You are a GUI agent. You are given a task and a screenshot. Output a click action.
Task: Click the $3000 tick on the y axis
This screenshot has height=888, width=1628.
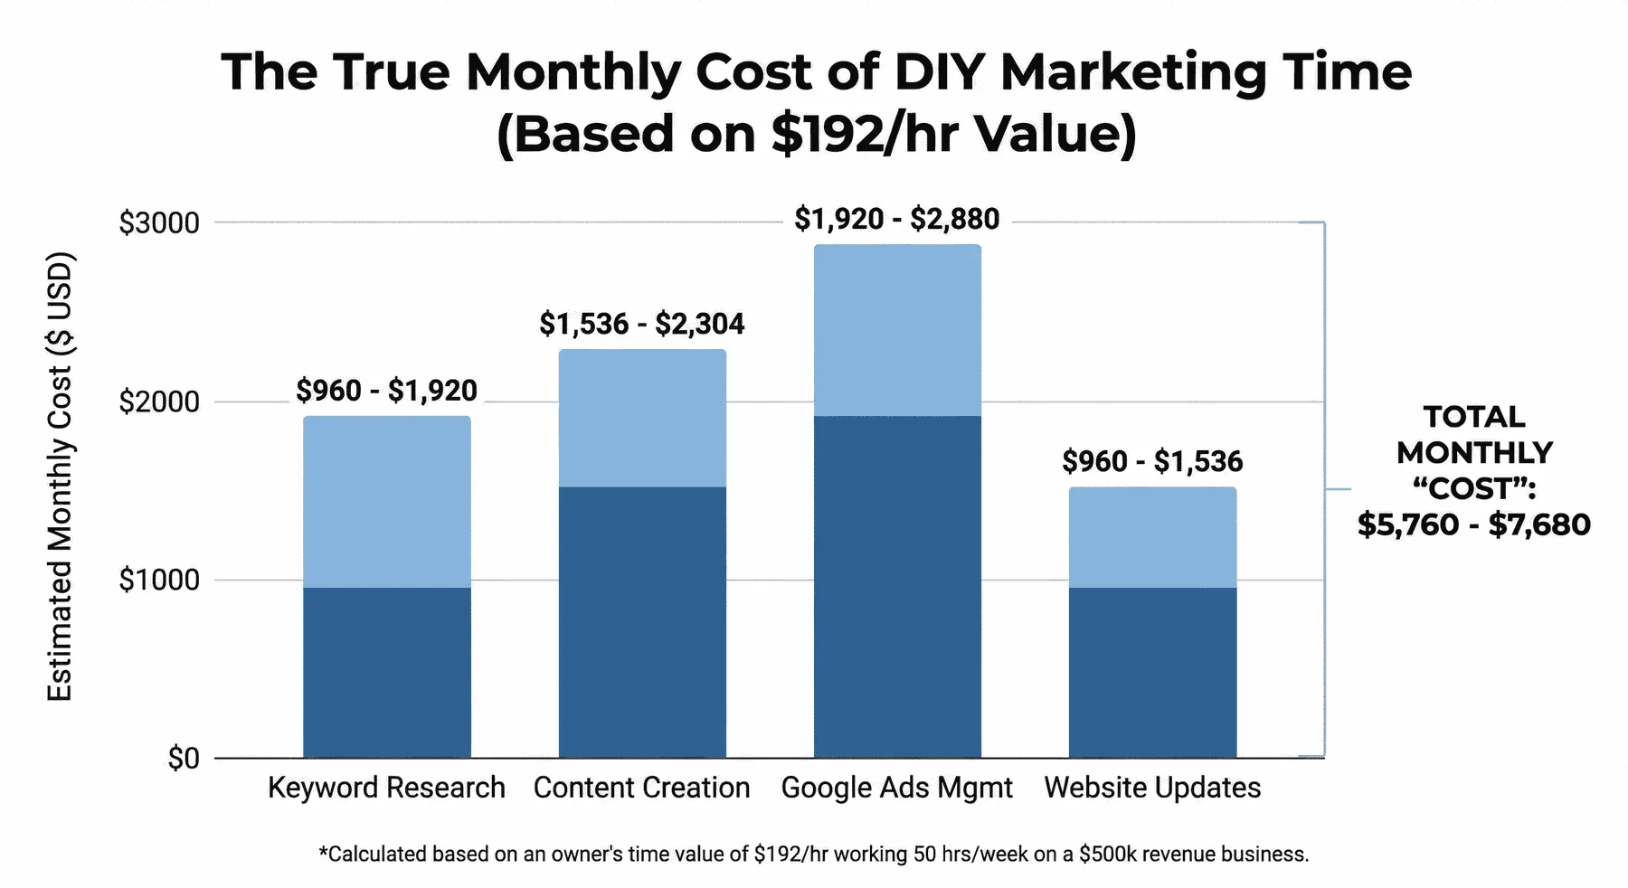159,222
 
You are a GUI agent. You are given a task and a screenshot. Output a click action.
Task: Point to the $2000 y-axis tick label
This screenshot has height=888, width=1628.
159,401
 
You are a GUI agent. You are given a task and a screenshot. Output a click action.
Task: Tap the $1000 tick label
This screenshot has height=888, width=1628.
159,580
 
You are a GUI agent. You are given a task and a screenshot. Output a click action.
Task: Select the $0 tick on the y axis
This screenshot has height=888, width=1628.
183,758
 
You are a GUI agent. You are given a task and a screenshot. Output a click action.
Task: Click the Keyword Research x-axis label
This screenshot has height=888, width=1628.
386,788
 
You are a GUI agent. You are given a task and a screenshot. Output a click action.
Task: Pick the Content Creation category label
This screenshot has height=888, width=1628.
641,788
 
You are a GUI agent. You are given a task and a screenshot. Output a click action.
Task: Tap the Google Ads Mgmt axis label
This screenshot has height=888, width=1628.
896,788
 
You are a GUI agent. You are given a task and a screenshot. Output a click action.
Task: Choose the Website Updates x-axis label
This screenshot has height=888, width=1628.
1152,788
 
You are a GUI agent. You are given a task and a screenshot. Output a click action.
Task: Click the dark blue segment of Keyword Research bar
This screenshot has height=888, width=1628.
386,673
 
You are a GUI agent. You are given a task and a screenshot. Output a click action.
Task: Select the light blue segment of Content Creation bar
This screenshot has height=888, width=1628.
641,418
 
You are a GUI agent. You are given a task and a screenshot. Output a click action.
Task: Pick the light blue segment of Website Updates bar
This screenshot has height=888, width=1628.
1152,537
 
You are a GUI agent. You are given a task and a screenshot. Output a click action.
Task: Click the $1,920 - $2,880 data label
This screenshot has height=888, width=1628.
896,219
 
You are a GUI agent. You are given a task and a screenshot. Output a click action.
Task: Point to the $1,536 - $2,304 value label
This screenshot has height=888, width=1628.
641,324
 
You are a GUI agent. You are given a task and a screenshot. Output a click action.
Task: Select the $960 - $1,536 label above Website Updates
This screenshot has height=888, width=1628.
1152,461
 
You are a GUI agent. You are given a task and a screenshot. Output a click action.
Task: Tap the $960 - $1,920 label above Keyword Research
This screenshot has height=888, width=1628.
386,391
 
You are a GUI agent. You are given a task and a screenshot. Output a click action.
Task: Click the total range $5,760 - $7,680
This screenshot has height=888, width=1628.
1473,524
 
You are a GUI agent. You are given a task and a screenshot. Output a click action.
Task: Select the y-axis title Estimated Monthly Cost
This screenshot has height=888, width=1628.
60,477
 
